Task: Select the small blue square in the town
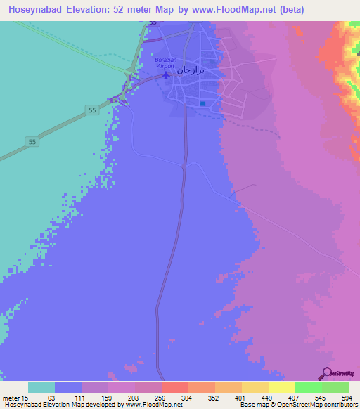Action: click(x=202, y=104)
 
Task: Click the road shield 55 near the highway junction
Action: click(x=91, y=110)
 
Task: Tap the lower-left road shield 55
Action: click(x=32, y=142)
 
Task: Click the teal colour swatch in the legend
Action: click(x=41, y=387)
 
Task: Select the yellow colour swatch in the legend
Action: click(x=282, y=387)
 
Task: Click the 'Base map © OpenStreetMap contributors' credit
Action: click(x=297, y=404)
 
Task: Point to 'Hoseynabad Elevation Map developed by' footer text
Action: click(x=62, y=404)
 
